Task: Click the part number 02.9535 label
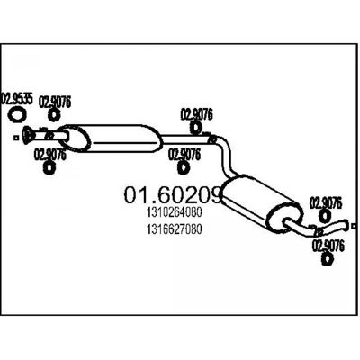point(16,99)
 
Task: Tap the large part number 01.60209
point(173,194)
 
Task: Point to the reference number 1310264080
point(175,212)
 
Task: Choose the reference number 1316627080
point(175,229)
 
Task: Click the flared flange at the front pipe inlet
point(28,135)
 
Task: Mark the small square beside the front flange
point(16,138)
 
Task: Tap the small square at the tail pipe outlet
point(355,226)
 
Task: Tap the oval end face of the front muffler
point(75,138)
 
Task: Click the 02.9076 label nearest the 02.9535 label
point(55,103)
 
